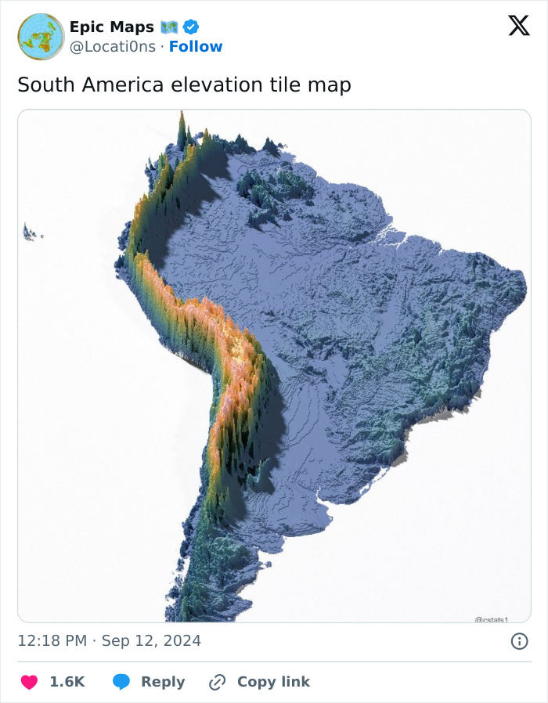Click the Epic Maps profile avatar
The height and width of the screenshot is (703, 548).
pyautogui.click(x=41, y=37)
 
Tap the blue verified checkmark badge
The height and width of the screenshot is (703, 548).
pyautogui.click(x=191, y=27)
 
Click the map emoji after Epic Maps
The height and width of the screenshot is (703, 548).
pyautogui.click(x=170, y=27)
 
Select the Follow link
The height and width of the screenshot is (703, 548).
pyautogui.click(x=196, y=47)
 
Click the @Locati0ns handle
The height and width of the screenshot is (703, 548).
pyautogui.click(x=112, y=47)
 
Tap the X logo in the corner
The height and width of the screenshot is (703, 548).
pyautogui.click(x=518, y=26)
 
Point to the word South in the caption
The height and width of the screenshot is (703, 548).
pyautogui.click(x=43, y=85)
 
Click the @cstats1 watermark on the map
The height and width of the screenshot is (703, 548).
pyautogui.click(x=492, y=619)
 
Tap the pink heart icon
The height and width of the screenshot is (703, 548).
pyautogui.click(x=29, y=682)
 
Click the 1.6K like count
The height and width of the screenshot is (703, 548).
pyautogui.click(x=67, y=682)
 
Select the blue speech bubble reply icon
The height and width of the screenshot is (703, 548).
pyautogui.click(x=121, y=682)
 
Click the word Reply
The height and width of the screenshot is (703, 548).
pyautogui.click(x=163, y=682)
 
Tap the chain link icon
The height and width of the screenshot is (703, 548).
pyautogui.click(x=217, y=682)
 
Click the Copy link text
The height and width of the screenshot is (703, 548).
pyautogui.click(x=273, y=682)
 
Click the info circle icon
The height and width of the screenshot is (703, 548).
pyautogui.click(x=518, y=641)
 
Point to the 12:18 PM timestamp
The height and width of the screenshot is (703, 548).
pyautogui.click(x=52, y=641)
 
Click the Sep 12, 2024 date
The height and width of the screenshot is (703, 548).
pyautogui.click(x=151, y=641)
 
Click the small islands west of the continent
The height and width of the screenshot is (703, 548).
pyautogui.click(x=31, y=233)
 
